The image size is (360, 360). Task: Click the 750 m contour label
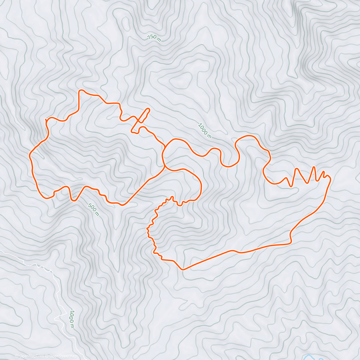coord(154,38)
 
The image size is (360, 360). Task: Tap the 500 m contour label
coord(93,209)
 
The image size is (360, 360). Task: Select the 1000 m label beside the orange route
coord(205,130)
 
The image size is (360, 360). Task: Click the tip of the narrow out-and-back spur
coord(148,109)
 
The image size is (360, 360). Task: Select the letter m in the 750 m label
coord(159,40)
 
